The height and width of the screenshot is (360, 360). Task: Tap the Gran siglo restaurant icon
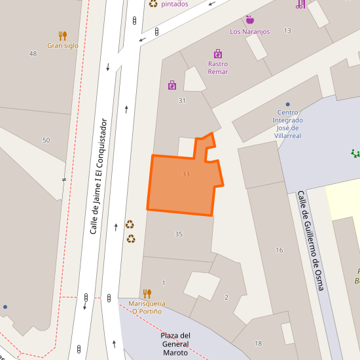(63, 35)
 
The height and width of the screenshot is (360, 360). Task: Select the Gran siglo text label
(63, 46)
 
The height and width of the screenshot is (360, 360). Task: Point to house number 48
(33, 54)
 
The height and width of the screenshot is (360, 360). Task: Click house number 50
(46, 141)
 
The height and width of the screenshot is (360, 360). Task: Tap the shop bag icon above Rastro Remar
(218, 54)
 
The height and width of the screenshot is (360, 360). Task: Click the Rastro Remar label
(218, 67)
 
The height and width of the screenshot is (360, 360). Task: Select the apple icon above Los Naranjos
(249, 20)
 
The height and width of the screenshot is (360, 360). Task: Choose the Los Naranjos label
(249, 31)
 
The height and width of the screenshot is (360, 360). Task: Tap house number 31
(182, 100)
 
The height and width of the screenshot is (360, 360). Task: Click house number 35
(179, 234)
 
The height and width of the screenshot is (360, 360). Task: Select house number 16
(279, 250)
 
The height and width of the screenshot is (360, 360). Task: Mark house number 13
(287, 31)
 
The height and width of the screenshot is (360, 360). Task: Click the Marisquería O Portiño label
(147, 308)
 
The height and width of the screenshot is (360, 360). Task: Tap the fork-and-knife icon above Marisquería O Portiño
(147, 293)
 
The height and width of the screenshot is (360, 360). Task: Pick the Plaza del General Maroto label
(175, 344)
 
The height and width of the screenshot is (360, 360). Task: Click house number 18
(258, 344)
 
